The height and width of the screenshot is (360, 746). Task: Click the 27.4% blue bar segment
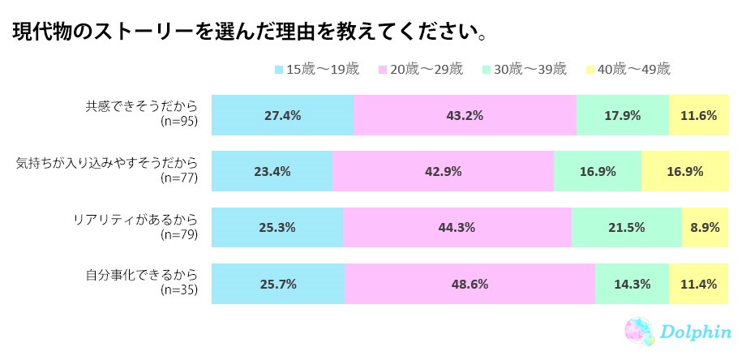pos(282,115)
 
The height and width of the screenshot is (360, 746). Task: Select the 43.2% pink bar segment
pos(465,115)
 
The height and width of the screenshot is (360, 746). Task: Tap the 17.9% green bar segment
pos(623,115)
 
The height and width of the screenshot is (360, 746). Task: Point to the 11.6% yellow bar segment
pos(699,115)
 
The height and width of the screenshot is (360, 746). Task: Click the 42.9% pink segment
pos(443,171)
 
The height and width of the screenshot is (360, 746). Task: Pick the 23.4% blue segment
pos(272,171)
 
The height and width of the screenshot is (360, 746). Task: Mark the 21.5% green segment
pos(627,227)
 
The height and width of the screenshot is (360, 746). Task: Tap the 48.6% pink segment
pos(470,284)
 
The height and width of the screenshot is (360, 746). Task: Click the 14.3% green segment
pos(632,284)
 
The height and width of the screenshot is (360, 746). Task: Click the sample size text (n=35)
pos(179,291)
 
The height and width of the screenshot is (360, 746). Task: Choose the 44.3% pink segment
pos(457,227)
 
